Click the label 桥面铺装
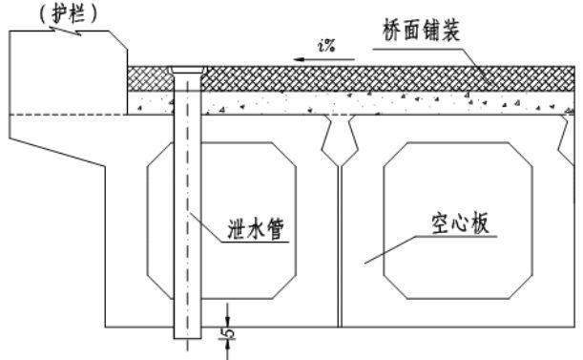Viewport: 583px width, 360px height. pyautogui.click(x=421, y=31)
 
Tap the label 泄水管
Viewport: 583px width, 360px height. pyautogui.click(x=256, y=228)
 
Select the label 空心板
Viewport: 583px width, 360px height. pyautogui.click(x=460, y=223)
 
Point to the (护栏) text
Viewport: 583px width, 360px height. pyautogui.click(x=69, y=15)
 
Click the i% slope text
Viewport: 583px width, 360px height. pyautogui.click(x=326, y=46)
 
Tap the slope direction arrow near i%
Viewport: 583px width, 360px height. pyautogui.click(x=323, y=59)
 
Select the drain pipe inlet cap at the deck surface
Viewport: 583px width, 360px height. pyautogui.click(x=187, y=70)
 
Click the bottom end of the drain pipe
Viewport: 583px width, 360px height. pyautogui.click(x=187, y=338)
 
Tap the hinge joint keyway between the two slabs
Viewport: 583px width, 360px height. pyautogui.click(x=340, y=140)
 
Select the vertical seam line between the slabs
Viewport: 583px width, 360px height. pyautogui.click(x=340, y=246)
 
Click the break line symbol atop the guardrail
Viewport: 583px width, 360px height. pyautogui.click(x=66, y=31)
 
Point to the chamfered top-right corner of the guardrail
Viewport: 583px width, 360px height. pyautogui.click(x=118, y=39)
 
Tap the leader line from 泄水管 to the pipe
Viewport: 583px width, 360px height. pyautogui.click(x=205, y=227)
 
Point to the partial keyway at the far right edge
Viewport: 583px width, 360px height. pyautogui.click(x=566, y=139)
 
